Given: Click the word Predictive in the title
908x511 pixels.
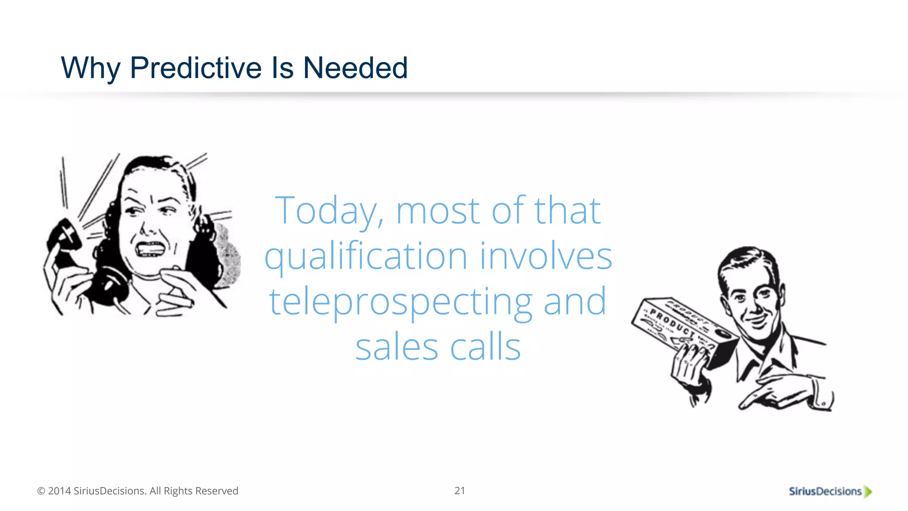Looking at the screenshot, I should click(x=196, y=68).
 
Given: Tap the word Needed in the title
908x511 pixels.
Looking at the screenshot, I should click(x=355, y=68).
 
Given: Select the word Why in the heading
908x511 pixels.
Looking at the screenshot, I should click(x=90, y=68).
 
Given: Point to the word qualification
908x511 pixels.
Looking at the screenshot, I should click(x=366, y=257).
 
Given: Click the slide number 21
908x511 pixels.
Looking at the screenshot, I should click(x=460, y=491).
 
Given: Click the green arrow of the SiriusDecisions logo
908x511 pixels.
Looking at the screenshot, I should click(x=868, y=491).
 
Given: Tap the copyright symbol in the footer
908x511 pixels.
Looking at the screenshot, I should click(x=41, y=491).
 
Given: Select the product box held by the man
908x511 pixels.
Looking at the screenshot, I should click(x=683, y=328).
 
